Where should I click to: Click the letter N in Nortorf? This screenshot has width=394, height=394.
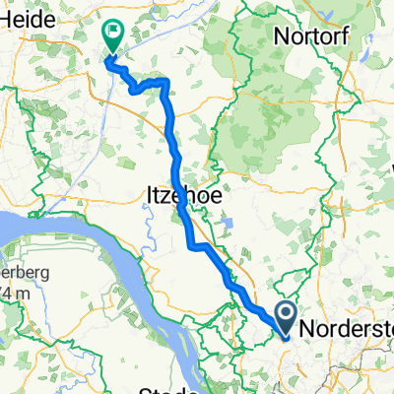point(284,35)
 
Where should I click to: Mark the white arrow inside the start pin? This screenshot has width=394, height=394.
point(286,315)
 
